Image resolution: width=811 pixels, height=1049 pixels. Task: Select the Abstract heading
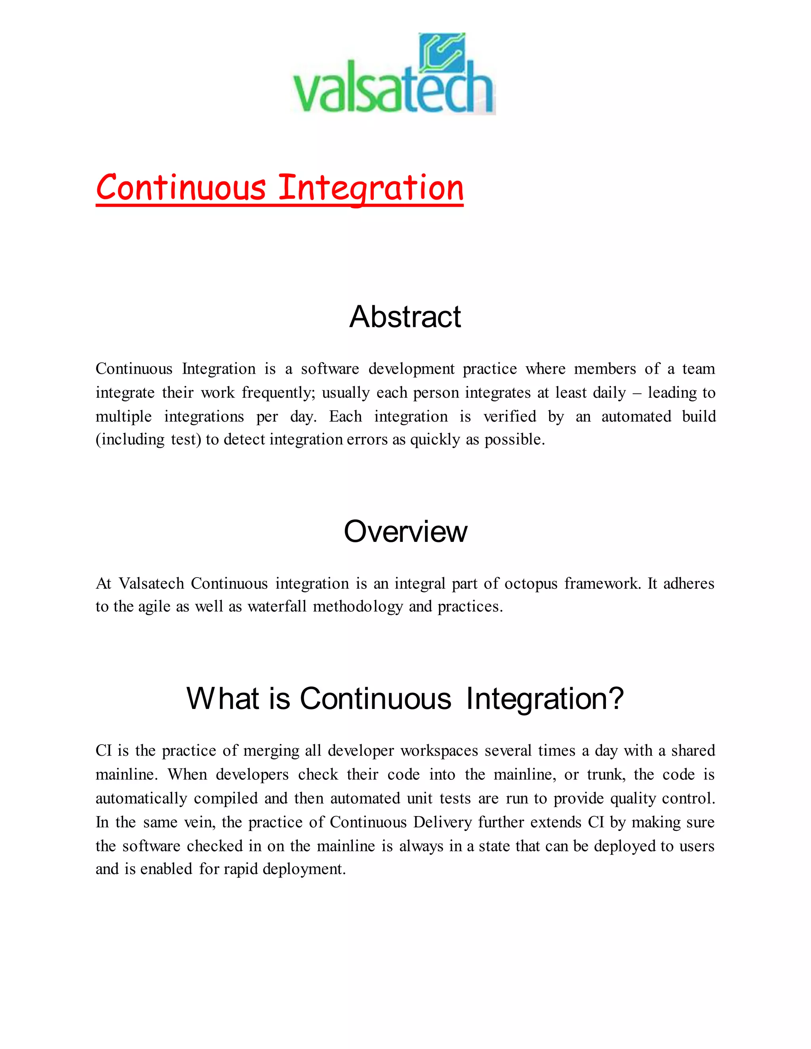[x=405, y=317]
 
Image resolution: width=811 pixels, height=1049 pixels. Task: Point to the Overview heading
[x=405, y=532]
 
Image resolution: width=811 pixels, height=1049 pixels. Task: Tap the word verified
[x=509, y=416]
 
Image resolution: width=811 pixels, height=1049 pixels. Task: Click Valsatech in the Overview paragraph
[x=151, y=583]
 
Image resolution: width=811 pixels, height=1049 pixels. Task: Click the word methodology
[x=358, y=606]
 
